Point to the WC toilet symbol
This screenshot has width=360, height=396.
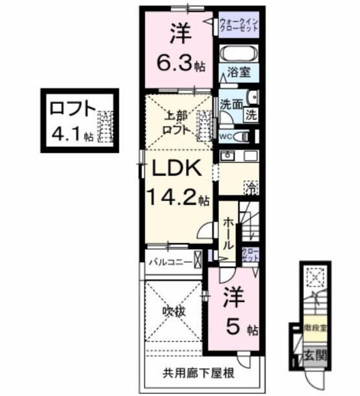coord(244,136)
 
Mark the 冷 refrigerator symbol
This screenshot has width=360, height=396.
coord(251,186)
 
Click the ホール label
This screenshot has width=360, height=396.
coord(228,231)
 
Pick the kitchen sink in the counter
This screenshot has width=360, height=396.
coord(227,155)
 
